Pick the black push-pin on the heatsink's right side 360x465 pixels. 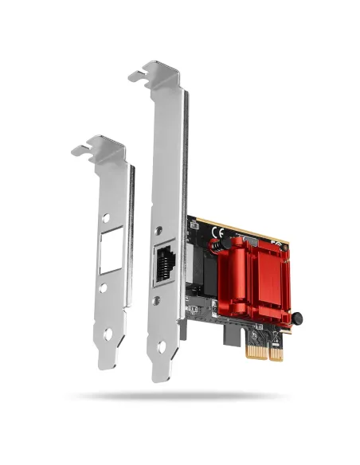coord(297,318)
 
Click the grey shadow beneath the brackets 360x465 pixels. coord(180,396)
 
